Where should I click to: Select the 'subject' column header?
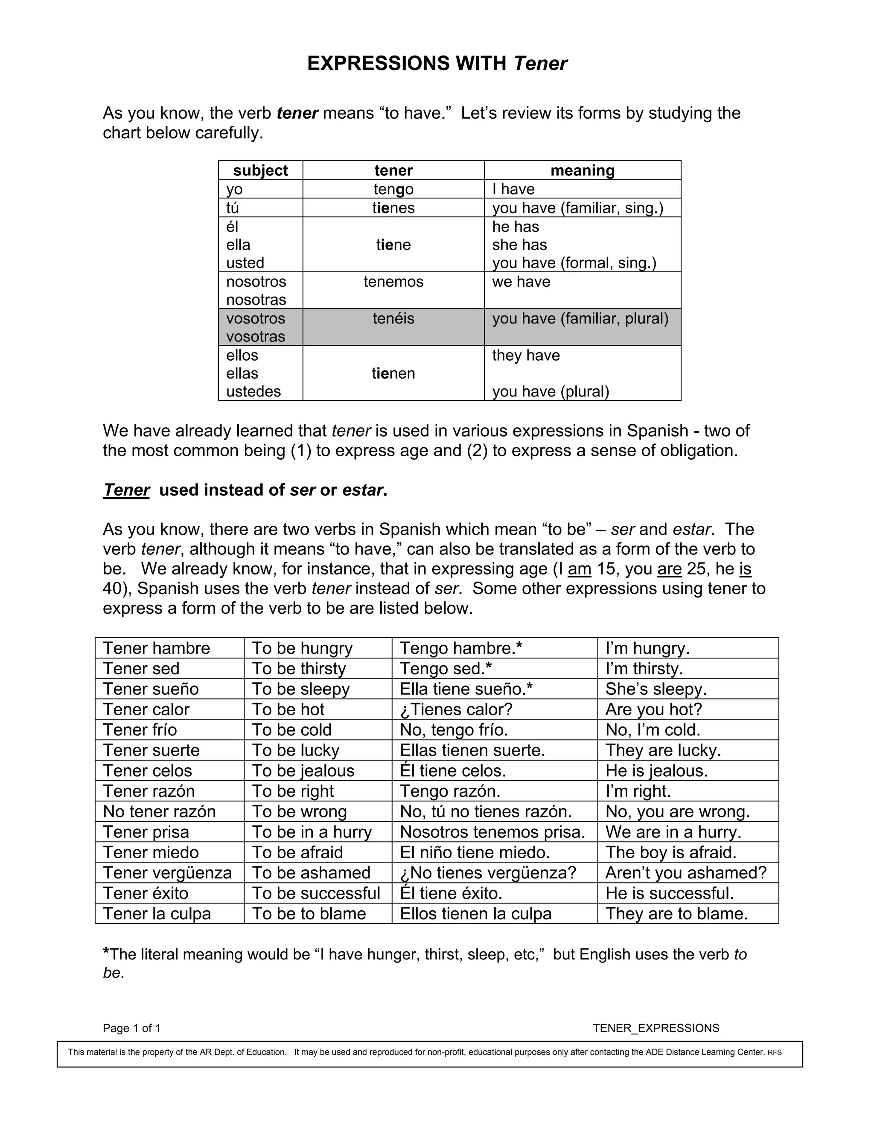[x=260, y=170]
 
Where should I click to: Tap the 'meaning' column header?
[x=582, y=170]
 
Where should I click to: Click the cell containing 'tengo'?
[x=393, y=189]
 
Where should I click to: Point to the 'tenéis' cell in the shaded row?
[x=393, y=318]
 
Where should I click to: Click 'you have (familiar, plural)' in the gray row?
[x=580, y=318]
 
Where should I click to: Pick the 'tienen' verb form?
[x=393, y=373]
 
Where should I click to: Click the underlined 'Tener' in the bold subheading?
[x=126, y=490]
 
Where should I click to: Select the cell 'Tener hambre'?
[x=156, y=648]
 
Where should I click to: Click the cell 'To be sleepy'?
[x=301, y=689]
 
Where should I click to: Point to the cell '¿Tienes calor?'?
[x=456, y=709]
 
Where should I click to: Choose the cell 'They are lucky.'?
[x=663, y=750]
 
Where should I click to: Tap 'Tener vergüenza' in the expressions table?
[x=167, y=873]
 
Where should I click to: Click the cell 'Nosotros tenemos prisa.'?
[x=492, y=832]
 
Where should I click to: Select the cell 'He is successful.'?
[x=669, y=893]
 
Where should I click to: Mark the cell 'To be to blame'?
[x=309, y=913]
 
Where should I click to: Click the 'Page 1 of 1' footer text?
[x=131, y=1029]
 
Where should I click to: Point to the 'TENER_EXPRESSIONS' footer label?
[x=655, y=1029]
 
